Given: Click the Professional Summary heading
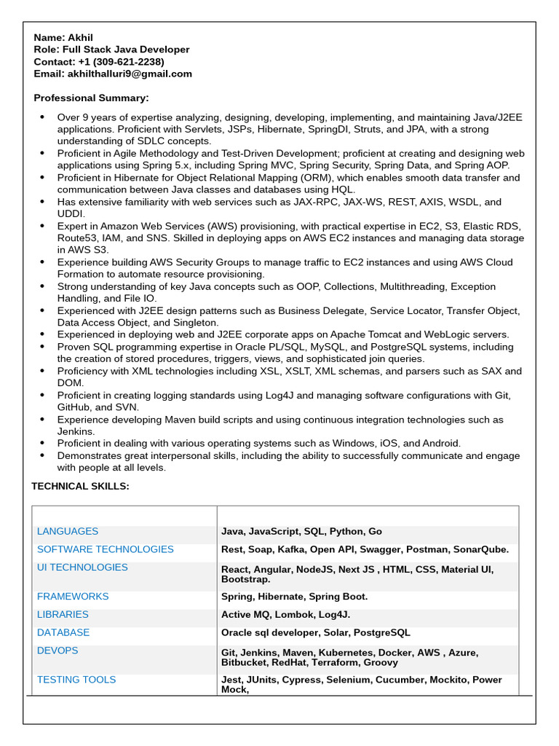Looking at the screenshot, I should coord(91,98).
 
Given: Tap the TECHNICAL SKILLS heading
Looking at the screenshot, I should coord(80,487).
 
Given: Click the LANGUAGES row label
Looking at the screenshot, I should coord(68,532).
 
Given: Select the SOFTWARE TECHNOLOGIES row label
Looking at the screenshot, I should coord(106,549).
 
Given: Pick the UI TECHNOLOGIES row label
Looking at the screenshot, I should coord(82,568).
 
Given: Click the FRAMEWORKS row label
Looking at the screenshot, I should coord(73,597).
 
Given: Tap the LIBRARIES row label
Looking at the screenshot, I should coord(63,615).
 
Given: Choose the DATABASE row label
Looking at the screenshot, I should coord(63,633).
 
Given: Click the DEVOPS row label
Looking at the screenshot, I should coord(58,651).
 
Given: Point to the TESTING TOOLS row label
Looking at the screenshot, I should coord(76,680).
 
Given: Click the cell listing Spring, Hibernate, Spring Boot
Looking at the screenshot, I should coord(294,597).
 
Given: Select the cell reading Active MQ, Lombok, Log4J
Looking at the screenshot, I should coord(285,615).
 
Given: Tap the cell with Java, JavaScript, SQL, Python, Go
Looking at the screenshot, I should coord(301,532).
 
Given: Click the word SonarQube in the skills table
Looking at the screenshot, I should coord(480,550).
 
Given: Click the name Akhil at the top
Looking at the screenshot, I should coord(80,38).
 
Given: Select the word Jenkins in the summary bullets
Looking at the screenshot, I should coord(76,432).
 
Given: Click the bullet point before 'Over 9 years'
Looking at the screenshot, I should coord(41,117).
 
